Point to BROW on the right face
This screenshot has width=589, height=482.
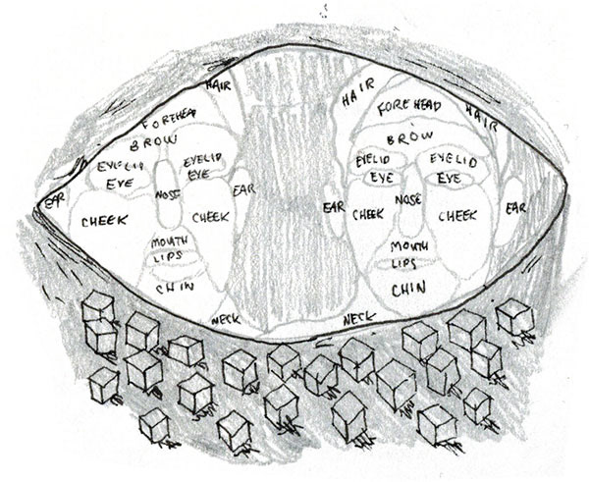pyautogui.click(x=416, y=138)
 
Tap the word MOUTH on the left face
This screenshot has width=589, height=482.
pyautogui.click(x=169, y=241)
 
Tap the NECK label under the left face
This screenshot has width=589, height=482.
pyautogui.click(x=225, y=319)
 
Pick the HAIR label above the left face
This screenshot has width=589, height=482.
pyautogui.click(x=218, y=85)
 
